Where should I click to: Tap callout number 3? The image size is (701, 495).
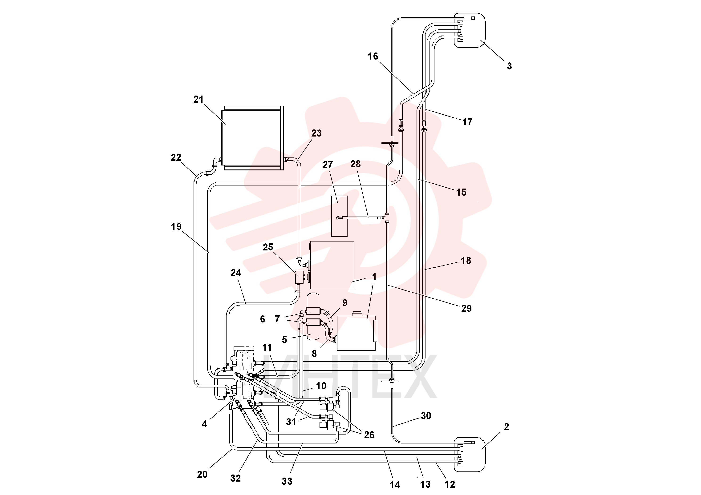(509, 66)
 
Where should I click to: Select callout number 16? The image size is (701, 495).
(373, 56)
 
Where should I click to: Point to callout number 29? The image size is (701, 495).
(466, 309)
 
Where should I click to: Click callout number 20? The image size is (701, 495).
(202, 475)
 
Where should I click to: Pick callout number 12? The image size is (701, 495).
(450, 484)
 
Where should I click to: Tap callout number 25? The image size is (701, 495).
(268, 247)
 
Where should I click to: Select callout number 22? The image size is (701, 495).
(176, 157)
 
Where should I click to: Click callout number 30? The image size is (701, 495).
(426, 416)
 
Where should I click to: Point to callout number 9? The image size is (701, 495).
(345, 303)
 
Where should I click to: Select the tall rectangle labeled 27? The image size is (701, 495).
(339, 216)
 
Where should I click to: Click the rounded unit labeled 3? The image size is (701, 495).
(470, 30)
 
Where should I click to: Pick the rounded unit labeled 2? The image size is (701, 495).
(470, 455)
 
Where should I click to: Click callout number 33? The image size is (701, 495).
(287, 481)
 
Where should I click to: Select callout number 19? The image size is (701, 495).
(176, 227)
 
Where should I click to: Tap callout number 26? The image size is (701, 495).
(369, 435)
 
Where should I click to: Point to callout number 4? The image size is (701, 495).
(205, 424)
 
